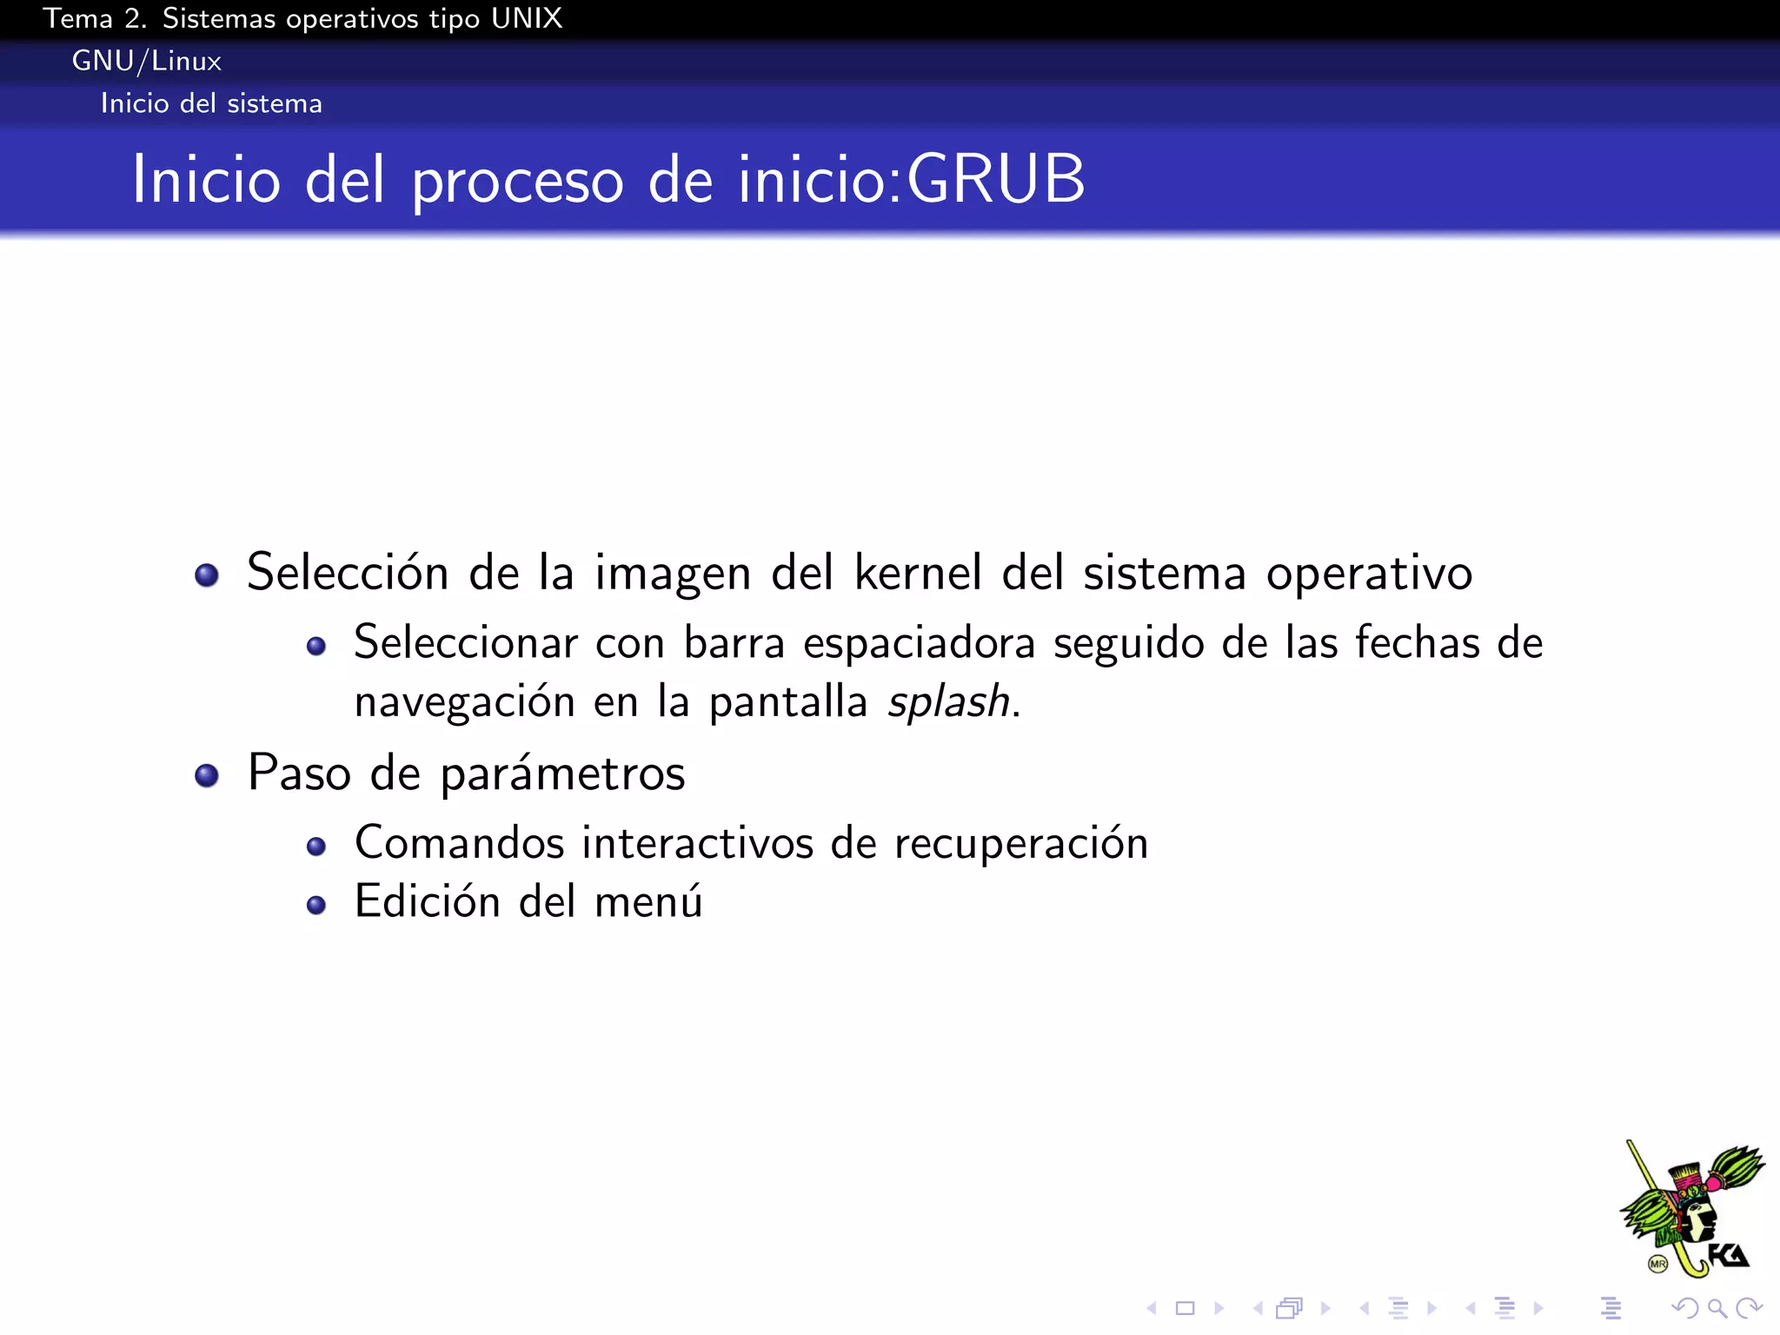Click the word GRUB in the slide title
tap(996, 179)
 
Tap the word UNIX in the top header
tap(526, 18)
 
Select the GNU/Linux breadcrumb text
tap(146, 61)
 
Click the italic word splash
tap(947, 701)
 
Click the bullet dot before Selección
tap(207, 575)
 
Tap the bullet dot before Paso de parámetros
tap(207, 775)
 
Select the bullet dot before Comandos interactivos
tap(316, 847)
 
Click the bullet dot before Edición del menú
tap(316, 906)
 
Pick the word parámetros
tap(562, 774)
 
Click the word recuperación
tap(1020, 844)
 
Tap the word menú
tap(648, 901)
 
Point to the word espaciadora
tap(919, 644)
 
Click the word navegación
tap(465, 702)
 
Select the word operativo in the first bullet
tap(1369, 574)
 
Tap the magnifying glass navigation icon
tap(1717, 1308)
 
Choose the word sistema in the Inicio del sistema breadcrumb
tap(274, 103)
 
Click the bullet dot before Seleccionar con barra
tap(316, 647)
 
